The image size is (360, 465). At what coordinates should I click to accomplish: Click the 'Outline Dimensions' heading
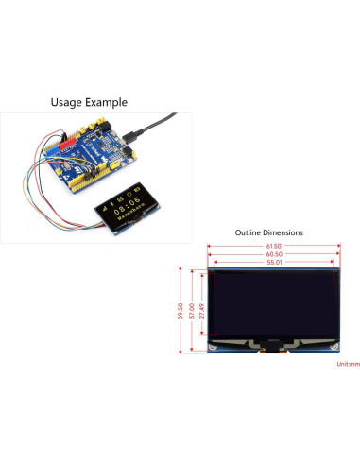pyautogui.click(x=269, y=232)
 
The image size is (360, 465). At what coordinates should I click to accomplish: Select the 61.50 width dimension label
pyautogui.click(x=274, y=246)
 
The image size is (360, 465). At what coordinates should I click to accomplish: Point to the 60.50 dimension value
pyautogui.click(x=274, y=253)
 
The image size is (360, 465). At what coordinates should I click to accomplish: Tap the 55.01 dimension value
pyautogui.click(x=274, y=261)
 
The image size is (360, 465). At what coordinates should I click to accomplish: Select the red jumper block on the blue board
pyautogui.click(x=66, y=146)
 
